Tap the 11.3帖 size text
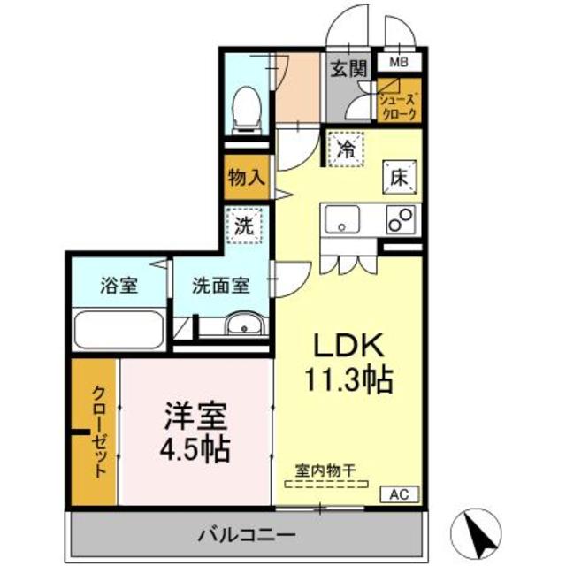point(349,381)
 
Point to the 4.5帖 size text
point(196,449)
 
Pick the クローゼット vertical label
point(98,432)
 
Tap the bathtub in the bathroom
point(118,330)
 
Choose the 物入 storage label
point(246,176)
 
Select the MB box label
point(400,62)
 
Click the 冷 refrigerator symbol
point(348,148)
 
